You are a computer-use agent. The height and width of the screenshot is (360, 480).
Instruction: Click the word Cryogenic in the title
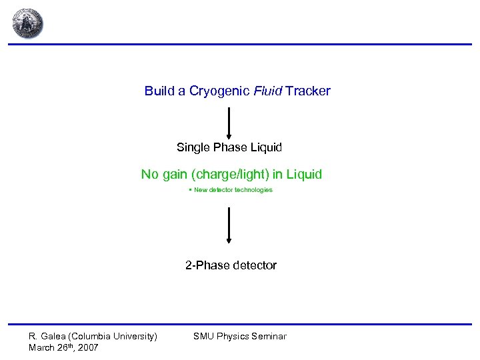click(x=219, y=91)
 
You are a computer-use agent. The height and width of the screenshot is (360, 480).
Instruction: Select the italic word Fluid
click(x=268, y=91)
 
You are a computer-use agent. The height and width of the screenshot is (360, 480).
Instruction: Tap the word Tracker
click(x=308, y=91)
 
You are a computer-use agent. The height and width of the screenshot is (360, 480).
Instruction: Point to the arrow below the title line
click(x=229, y=121)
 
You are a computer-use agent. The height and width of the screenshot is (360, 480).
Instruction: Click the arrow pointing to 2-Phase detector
click(x=229, y=225)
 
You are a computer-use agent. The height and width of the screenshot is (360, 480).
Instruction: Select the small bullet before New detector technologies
click(x=190, y=190)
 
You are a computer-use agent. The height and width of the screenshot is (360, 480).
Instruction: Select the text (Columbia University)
click(x=113, y=336)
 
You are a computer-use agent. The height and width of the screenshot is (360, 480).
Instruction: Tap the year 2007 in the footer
click(x=87, y=347)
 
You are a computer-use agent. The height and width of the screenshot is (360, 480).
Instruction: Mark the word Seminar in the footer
click(x=269, y=336)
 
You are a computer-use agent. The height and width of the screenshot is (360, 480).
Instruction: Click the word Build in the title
click(x=159, y=91)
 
